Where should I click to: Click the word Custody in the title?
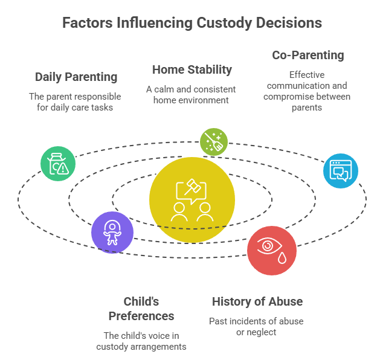[224, 24]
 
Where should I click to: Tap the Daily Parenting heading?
[76, 77]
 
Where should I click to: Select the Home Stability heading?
[192, 69]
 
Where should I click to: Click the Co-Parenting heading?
[308, 56]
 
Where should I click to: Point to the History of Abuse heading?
[257, 301]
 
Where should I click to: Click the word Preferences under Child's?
[141, 316]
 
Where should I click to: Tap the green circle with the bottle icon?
[58, 164]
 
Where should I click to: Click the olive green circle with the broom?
[214, 142]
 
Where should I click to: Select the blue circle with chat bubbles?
[341, 171]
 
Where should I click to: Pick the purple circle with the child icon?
[112, 233]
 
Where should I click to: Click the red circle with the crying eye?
[272, 251]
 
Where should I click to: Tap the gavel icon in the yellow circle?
[193, 187]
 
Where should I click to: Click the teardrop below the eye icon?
[282, 258]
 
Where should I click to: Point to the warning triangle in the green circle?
[63, 169]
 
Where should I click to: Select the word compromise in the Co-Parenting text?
[286, 97]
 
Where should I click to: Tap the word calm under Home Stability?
[164, 89]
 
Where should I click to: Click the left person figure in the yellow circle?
[179, 212]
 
